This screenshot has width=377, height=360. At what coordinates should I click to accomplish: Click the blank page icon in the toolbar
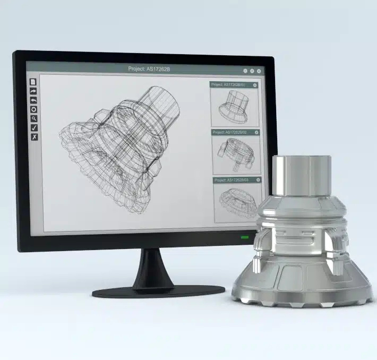click(33, 82)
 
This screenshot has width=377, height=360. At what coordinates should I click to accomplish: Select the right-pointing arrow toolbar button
click(33, 91)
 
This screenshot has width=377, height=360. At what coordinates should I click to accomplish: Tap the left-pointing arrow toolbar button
click(33, 100)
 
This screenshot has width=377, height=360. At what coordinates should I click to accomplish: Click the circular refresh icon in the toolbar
click(33, 109)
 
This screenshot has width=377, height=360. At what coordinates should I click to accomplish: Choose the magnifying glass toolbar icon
click(33, 118)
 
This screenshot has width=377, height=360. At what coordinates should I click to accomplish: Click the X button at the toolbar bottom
click(33, 137)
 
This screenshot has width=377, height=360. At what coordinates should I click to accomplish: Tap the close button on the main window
click(259, 71)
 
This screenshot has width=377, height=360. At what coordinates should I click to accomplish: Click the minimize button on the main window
click(245, 71)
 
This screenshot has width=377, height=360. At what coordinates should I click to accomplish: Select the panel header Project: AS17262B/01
click(229, 85)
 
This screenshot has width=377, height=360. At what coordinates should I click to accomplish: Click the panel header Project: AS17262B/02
click(232, 132)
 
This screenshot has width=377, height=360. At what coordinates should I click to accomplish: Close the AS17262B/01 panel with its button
click(255, 85)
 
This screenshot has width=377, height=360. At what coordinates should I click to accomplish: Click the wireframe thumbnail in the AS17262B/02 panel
click(236, 154)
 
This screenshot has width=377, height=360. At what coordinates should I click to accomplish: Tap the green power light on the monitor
click(244, 237)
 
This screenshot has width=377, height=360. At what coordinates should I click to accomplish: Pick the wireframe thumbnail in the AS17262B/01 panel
click(234, 106)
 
